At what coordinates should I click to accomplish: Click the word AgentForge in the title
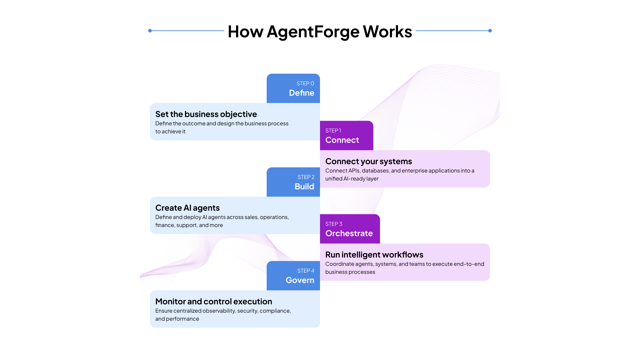click(313, 32)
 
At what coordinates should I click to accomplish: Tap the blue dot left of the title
click(150, 31)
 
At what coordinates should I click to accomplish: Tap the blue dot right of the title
click(490, 31)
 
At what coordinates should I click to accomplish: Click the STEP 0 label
click(305, 84)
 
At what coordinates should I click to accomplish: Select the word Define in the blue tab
click(301, 93)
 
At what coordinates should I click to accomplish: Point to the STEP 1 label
click(333, 131)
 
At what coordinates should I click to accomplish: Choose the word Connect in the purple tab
click(342, 140)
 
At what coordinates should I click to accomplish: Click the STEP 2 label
click(306, 177)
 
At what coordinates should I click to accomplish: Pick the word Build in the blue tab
click(304, 187)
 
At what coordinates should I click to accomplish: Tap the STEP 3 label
click(334, 224)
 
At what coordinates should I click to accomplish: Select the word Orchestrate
click(349, 233)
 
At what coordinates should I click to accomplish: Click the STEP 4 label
click(306, 271)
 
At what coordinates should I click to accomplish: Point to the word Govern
click(300, 280)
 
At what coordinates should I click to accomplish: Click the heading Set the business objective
click(206, 114)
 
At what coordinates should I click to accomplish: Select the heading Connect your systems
click(368, 161)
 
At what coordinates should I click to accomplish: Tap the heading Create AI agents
click(187, 208)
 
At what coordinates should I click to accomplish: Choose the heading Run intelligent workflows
click(374, 255)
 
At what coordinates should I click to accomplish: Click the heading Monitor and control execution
click(214, 302)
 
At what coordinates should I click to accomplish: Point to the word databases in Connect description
click(376, 171)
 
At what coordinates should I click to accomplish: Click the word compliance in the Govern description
click(275, 311)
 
